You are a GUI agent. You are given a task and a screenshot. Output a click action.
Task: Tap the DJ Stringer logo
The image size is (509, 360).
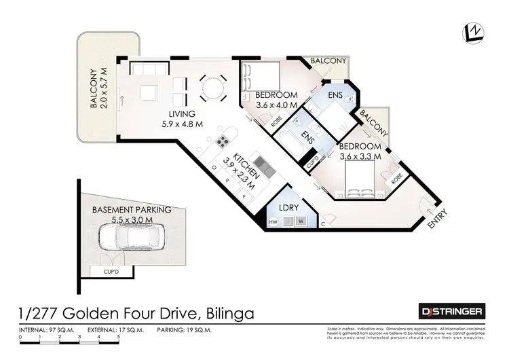(451, 312)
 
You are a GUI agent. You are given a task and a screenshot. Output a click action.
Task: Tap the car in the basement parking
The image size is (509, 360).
(130, 238)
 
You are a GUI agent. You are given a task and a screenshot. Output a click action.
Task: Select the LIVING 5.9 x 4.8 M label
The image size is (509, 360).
(178, 119)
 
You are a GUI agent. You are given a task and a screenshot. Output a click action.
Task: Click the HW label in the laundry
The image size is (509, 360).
(273, 222)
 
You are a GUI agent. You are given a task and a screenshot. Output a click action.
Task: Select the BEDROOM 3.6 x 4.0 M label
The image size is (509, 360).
(277, 100)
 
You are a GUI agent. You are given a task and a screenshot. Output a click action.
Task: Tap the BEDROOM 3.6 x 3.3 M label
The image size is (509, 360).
(360, 151)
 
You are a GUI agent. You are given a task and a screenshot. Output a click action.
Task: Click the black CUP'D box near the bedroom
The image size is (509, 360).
(313, 164)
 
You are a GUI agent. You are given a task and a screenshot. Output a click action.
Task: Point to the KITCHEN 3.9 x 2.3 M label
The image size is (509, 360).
(243, 171)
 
